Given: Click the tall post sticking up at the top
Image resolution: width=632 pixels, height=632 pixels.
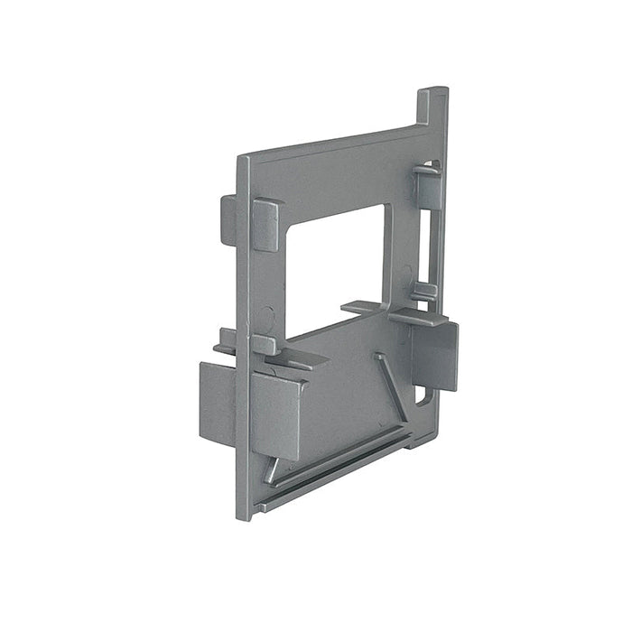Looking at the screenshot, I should point(432,108).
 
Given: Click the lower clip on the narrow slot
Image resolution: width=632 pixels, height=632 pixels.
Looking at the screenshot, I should point(423,292).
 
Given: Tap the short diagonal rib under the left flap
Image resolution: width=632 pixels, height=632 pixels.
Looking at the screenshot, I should point(271,469).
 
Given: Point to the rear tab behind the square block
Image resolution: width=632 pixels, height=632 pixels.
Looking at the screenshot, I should point(228,219).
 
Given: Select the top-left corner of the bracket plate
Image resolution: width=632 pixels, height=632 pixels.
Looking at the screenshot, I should point(242,161).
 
